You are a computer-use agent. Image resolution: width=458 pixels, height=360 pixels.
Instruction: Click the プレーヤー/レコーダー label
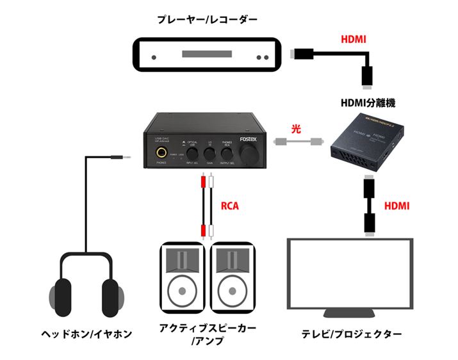coord(207,20)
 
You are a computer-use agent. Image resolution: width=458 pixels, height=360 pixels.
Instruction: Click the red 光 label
coord(295,128)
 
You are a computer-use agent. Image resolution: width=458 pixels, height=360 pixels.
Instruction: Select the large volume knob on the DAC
coord(247,154)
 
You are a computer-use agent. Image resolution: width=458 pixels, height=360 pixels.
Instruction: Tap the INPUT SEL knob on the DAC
coord(190,154)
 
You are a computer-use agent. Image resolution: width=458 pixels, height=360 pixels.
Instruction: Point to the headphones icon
coord(85,285)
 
